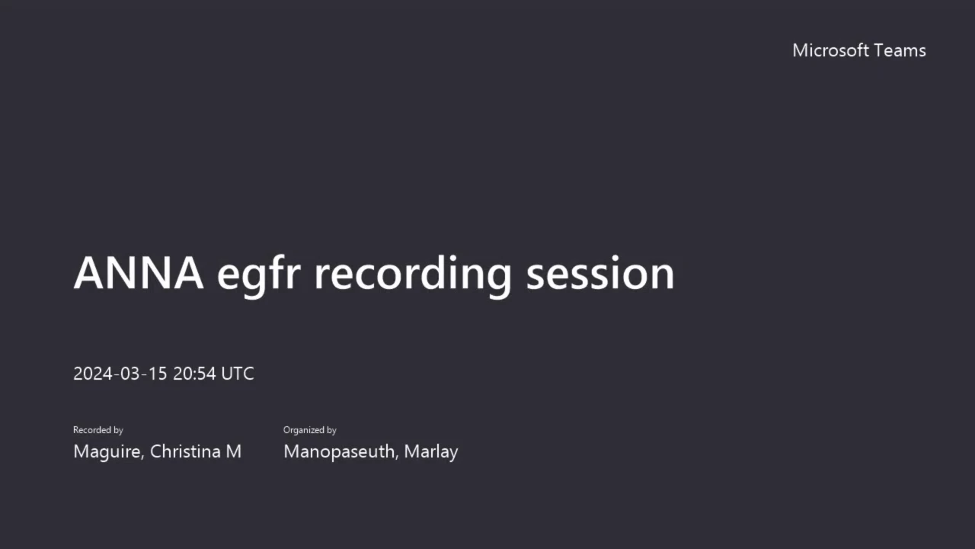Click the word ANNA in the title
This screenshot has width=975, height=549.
click(139, 273)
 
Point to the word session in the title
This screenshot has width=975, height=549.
click(600, 274)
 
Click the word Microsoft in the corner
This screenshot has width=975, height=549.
click(831, 50)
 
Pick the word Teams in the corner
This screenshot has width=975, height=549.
click(900, 50)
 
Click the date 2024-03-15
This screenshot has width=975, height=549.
click(120, 374)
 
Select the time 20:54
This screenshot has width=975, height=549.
click(194, 374)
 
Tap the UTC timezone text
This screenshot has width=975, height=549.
click(238, 374)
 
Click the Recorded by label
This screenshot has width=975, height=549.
click(98, 430)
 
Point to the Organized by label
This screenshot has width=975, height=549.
click(310, 430)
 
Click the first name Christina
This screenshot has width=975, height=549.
click(185, 451)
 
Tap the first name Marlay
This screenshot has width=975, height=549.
click(431, 452)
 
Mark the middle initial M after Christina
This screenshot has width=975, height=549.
click(233, 451)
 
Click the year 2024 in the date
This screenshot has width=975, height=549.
click(93, 374)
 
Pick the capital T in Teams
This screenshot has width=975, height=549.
click(880, 50)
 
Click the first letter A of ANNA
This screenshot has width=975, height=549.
click(91, 273)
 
